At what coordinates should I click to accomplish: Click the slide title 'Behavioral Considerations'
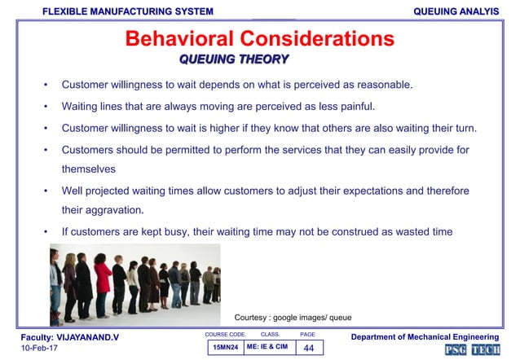pyautogui.click(x=259, y=39)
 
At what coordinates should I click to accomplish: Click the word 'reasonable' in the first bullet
pyautogui.click(x=383, y=84)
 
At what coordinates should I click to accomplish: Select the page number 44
pyautogui.click(x=308, y=348)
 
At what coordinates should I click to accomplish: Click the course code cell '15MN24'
pyautogui.click(x=225, y=348)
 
